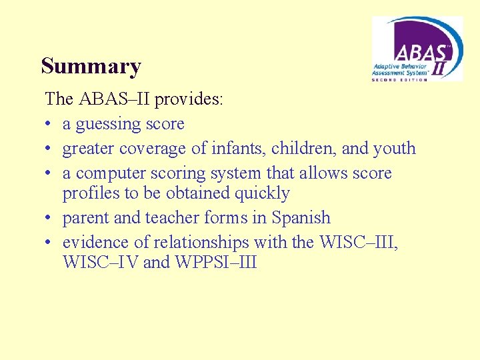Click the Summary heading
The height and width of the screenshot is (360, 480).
point(91,67)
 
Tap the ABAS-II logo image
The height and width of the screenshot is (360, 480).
point(417,49)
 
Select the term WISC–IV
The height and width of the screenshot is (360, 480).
point(101,262)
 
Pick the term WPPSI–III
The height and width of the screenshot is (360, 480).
point(216,262)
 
